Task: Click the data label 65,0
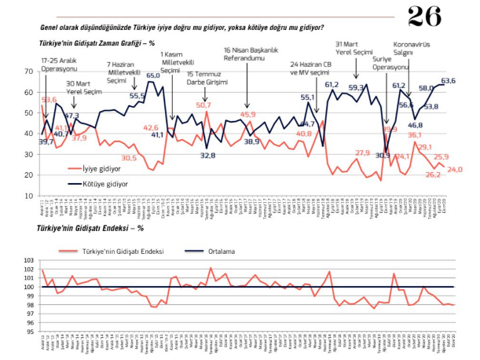(x=154, y=75)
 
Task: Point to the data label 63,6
(x=449, y=80)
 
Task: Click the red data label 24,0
(x=455, y=170)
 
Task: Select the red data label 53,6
(x=49, y=100)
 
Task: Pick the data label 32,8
(x=207, y=156)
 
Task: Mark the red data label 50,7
(x=203, y=105)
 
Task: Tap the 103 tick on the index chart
(x=31, y=260)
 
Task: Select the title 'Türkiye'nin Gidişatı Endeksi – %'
(x=86, y=230)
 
